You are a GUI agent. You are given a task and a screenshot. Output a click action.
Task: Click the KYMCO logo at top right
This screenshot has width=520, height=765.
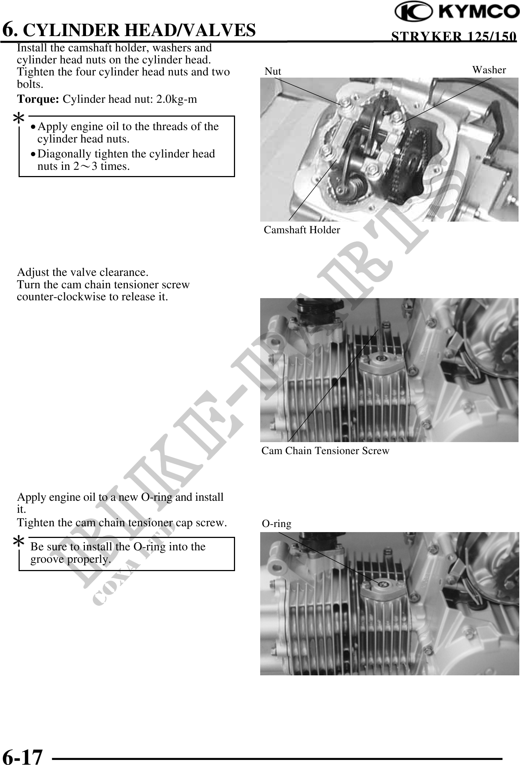457,12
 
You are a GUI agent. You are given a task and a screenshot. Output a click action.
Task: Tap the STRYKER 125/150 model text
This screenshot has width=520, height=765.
453,37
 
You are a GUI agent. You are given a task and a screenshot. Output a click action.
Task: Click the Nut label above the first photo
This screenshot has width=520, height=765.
273,71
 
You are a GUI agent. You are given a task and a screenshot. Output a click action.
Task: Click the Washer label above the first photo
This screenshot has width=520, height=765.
489,70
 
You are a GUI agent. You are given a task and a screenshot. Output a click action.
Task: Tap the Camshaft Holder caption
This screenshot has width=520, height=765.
301,230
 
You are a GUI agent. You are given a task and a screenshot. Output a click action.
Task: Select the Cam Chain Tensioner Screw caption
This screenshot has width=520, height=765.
325,451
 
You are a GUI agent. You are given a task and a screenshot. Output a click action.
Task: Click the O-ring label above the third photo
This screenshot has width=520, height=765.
277,524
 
